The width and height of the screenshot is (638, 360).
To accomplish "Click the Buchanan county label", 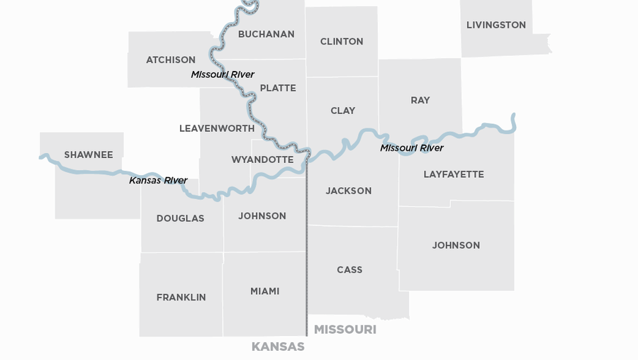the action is tap(266, 34).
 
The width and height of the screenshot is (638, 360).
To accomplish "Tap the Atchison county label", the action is tap(171, 60).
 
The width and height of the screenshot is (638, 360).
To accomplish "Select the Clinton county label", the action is tap(342, 42).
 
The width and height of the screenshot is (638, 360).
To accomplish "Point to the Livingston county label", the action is tap(496, 25).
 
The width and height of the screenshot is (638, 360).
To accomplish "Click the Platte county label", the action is tap(278, 88).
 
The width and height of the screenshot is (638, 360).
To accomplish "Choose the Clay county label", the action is tap(343, 111).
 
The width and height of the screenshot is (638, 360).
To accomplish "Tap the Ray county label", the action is tap(420, 101).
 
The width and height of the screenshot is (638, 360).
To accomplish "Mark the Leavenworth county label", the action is tap(217, 129).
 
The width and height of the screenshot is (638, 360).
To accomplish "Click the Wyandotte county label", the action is tap(262, 159).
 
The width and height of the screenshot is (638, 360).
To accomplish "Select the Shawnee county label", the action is tap(89, 154).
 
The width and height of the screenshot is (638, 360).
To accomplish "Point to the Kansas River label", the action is tap(158, 181).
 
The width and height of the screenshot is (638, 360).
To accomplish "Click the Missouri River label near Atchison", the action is tap(223, 74).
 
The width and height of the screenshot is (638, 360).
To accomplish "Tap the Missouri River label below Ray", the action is tap(412, 148).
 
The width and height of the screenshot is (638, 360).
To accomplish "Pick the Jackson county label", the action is tap(349, 191).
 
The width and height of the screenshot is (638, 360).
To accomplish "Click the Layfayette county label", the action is tap(454, 174).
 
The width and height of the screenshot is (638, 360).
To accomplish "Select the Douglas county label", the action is tap(180, 218).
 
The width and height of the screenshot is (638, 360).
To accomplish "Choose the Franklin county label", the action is tap(181, 298).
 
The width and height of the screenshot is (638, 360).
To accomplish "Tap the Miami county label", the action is tap(265, 291).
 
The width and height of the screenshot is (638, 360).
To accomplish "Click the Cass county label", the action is tap(349, 270).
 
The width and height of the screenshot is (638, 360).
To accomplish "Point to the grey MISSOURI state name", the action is tap(345, 330).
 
